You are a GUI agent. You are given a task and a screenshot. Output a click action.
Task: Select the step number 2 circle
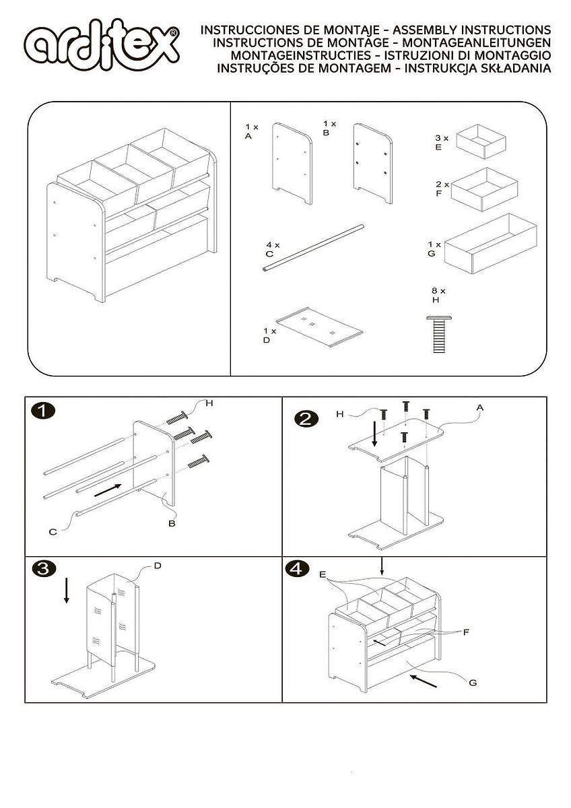[306, 418]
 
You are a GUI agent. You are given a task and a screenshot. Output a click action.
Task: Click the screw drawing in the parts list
[438, 333]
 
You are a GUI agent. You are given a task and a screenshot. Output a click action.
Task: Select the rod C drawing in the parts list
[313, 248]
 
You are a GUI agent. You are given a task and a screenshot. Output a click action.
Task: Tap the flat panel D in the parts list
[319, 327]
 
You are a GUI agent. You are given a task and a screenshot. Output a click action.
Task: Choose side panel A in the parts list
[292, 162]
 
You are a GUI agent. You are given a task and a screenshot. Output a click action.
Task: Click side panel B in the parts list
[373, 162]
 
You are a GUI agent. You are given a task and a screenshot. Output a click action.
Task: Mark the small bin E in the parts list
[481, 140]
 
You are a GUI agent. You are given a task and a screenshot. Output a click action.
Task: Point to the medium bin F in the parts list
[484, 189]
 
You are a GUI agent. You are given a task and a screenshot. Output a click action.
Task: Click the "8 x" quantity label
[439, 291]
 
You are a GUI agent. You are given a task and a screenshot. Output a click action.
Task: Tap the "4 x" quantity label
[272, 244]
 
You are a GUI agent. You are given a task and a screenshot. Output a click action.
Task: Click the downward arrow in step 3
[66, 591]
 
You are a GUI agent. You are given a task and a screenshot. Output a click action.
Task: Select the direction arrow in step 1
[108, 490]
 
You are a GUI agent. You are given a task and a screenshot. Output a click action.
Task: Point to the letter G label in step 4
[473, 682]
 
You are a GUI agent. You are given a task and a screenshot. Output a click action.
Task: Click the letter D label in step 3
[158, 565]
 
